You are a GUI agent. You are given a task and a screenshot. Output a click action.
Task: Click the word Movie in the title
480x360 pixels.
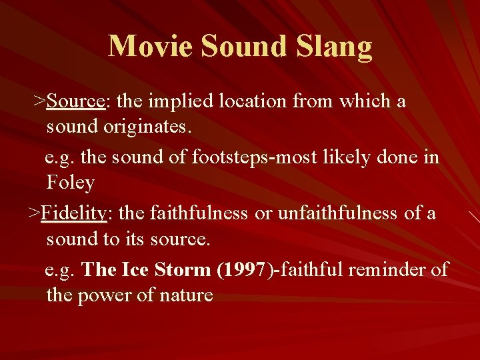coord(151,47)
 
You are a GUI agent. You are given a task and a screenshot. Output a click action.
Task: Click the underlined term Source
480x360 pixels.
coord(76,101)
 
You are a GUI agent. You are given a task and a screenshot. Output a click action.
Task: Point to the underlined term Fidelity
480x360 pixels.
coord(73,213)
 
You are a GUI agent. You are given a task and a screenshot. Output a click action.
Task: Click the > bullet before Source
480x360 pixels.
coord(40,101)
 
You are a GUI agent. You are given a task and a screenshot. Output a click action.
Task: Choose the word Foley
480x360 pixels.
coord(70,183)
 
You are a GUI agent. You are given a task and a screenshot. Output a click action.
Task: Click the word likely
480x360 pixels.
coord(359,158)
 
